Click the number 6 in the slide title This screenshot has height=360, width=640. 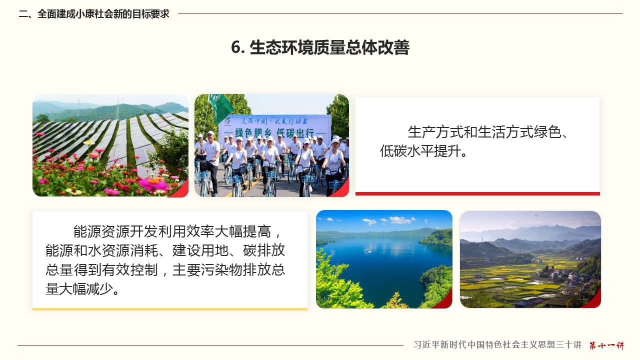coord(236,47)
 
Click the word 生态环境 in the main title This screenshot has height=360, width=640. coord(281,47)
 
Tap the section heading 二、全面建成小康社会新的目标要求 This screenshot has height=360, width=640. coord(94,13)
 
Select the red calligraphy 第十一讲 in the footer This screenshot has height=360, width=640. coord(606,345)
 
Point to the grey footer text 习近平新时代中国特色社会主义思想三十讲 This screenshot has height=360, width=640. coord(497,344)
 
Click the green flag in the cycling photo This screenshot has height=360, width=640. coord(220,107)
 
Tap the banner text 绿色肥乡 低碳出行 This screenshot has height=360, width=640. coord(274,133)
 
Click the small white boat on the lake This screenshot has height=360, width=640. coord(369,251)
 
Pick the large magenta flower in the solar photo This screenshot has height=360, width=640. coord(153,184)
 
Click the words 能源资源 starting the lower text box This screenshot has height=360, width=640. coord(101,231)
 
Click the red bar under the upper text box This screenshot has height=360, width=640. coord(477,193)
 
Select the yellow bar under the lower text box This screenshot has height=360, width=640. coord(170,309)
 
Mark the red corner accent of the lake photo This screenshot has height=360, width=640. coord(445,301)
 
